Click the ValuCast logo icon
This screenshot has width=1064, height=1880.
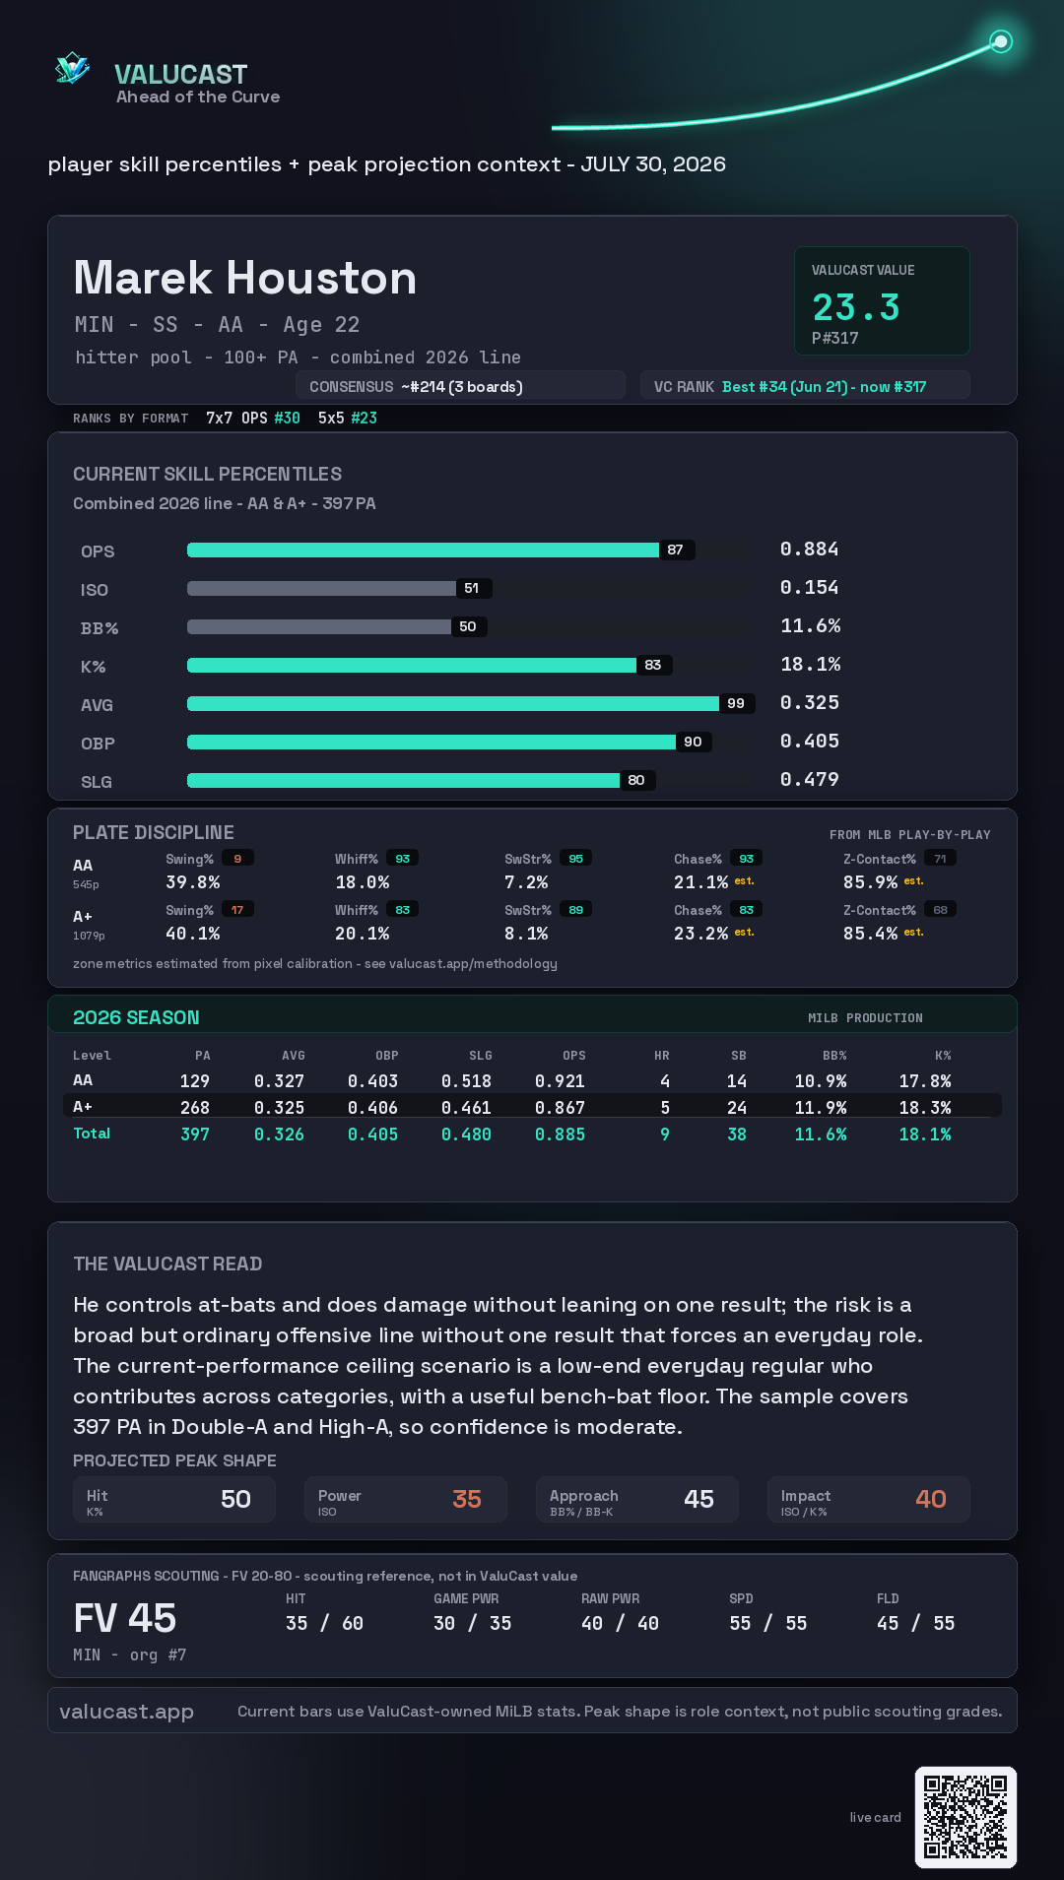(x=72, y=68)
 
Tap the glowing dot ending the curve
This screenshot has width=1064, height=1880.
(x=1001, y=41)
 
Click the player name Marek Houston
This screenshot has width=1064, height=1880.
(x=245, y=278)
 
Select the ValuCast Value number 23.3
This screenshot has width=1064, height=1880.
(x=856, y=307)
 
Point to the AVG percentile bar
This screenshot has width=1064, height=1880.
(x=453, y=703)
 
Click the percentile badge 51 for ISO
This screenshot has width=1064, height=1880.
(x=472, y=588)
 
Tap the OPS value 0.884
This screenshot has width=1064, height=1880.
(x=809, y=549)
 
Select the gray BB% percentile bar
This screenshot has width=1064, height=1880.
(x=319, y=626)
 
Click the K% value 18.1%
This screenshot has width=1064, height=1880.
(x=810, y=664)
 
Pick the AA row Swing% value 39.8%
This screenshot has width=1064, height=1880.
(x=193, y=882)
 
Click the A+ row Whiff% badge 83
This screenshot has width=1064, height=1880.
(x=402, y=910)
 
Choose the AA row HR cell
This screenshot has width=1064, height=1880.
(x=665, y=1081)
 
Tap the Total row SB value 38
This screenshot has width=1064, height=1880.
(x=737, y=1134)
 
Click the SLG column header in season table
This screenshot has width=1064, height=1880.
(x=481, y=1056)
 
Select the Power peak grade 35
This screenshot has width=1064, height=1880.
(x=467, y=1499)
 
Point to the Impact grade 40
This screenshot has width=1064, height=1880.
(x=931, y=1499)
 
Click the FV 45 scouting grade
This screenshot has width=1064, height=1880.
(x=125, y=1618)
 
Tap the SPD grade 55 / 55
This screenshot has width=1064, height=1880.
(x=768, y=1623)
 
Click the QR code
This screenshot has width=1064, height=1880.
(x=965, y=1817)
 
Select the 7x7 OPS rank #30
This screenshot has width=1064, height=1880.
(x=287, y=418)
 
